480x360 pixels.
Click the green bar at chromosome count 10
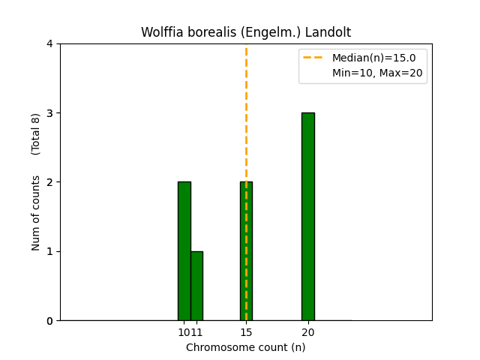tap(184, 250)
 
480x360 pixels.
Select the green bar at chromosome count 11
tap(196, 286)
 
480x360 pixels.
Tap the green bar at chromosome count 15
tap(246, 250)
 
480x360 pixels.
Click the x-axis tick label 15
tap(246, 332)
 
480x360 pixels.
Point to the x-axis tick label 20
tap(307, 332)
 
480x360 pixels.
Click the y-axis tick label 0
tap(50, 321)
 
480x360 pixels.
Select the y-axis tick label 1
tap(50, 251)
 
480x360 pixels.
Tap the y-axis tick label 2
tap(50, 182)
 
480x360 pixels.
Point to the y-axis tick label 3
tap(50, 113)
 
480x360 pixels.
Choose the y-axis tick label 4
tap(50, 43)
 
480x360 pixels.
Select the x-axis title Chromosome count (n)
tap(246, 347)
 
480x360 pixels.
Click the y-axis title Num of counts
tap(36, 213)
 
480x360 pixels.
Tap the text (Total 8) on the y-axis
tap(36, 134)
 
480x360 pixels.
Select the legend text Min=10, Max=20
tap(376, 73)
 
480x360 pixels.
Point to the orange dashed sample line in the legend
tap(314, 58)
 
